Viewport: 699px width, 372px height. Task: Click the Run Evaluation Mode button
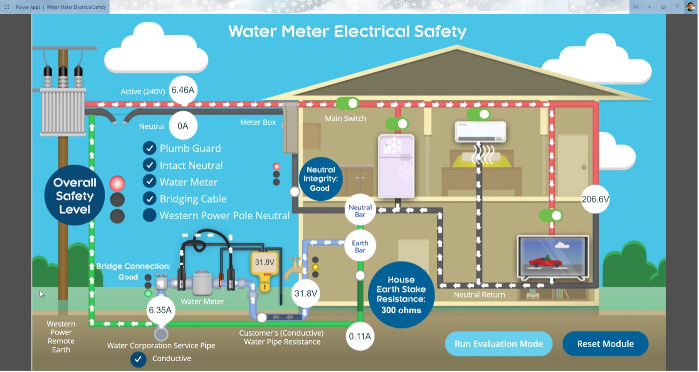click(499, 344)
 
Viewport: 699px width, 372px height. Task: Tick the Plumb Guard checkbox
click(149, 148)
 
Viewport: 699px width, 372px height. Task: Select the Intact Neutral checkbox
click(149, 165)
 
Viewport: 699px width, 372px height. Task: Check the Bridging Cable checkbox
click(149, 199)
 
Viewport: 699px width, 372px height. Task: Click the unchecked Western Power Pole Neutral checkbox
click(149, 215)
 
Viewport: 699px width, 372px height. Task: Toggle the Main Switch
click(347, 104)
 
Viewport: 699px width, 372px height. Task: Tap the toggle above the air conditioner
click(479, 115)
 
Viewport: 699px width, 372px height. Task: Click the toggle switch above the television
click(551, 215)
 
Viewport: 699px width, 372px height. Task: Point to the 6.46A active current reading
click(183, 90)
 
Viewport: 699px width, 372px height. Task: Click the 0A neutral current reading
click(183, 126)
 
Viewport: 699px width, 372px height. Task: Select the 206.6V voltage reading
click(595, 199)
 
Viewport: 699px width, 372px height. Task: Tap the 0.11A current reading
click(360, 336)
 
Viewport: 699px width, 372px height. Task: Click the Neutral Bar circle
click(360, 211)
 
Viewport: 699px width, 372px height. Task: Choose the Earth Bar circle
click(360, 247)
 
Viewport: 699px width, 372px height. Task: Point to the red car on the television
click(545, 262)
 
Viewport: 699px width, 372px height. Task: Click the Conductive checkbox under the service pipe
click(138, 359)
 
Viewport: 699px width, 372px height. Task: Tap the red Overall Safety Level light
click(117, 184)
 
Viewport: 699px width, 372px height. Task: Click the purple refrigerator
click(396, 165)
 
